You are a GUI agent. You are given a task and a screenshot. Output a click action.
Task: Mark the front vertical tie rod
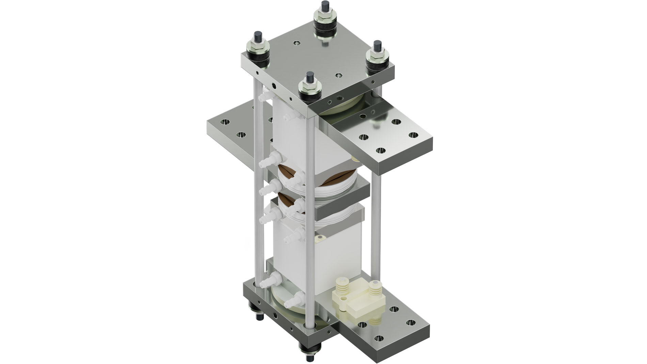[x=311, y=204]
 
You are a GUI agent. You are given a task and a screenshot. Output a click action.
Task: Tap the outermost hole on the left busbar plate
[x=225, y=122]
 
